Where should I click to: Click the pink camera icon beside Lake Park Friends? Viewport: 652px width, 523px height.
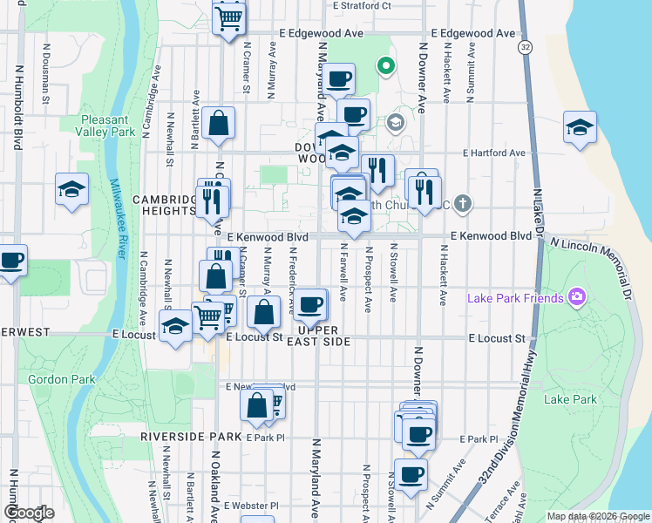(x=575, y=299)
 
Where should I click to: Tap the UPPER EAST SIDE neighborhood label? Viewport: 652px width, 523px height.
(x=323, y=336)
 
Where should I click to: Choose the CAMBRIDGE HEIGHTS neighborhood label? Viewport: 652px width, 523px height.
(x=164, y=205)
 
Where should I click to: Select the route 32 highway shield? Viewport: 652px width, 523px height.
(x=524, y=45)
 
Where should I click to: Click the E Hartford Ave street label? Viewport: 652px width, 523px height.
(x=494, y=153)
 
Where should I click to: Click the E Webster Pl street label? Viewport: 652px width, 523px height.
(x=250, y=506)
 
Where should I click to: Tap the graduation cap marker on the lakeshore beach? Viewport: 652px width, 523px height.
(x=580, y=127)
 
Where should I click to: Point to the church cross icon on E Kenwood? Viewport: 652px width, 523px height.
(x=463, y=205)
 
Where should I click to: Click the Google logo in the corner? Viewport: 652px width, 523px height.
(x=29, y=513)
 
